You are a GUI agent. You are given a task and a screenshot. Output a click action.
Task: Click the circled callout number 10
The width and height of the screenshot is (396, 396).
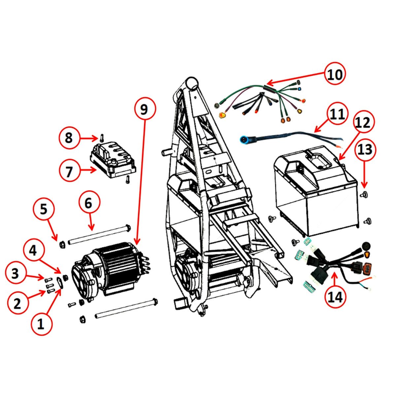pos(335,73)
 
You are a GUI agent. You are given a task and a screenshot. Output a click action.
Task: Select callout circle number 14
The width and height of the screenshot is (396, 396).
pos(335,297)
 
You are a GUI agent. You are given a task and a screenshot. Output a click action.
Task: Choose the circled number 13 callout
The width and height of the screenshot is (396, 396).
pos(365,149)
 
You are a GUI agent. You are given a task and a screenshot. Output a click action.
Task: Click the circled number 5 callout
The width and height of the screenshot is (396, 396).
pos(44,210)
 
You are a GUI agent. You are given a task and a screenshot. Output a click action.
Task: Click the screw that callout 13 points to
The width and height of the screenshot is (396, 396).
pos(364,194)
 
